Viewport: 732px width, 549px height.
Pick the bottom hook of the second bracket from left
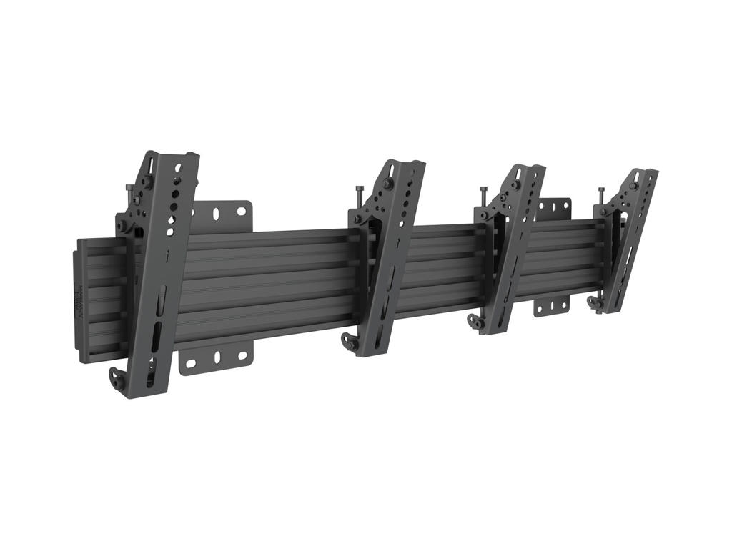point(350,341)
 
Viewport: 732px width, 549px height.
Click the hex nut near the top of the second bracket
point(387,184)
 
